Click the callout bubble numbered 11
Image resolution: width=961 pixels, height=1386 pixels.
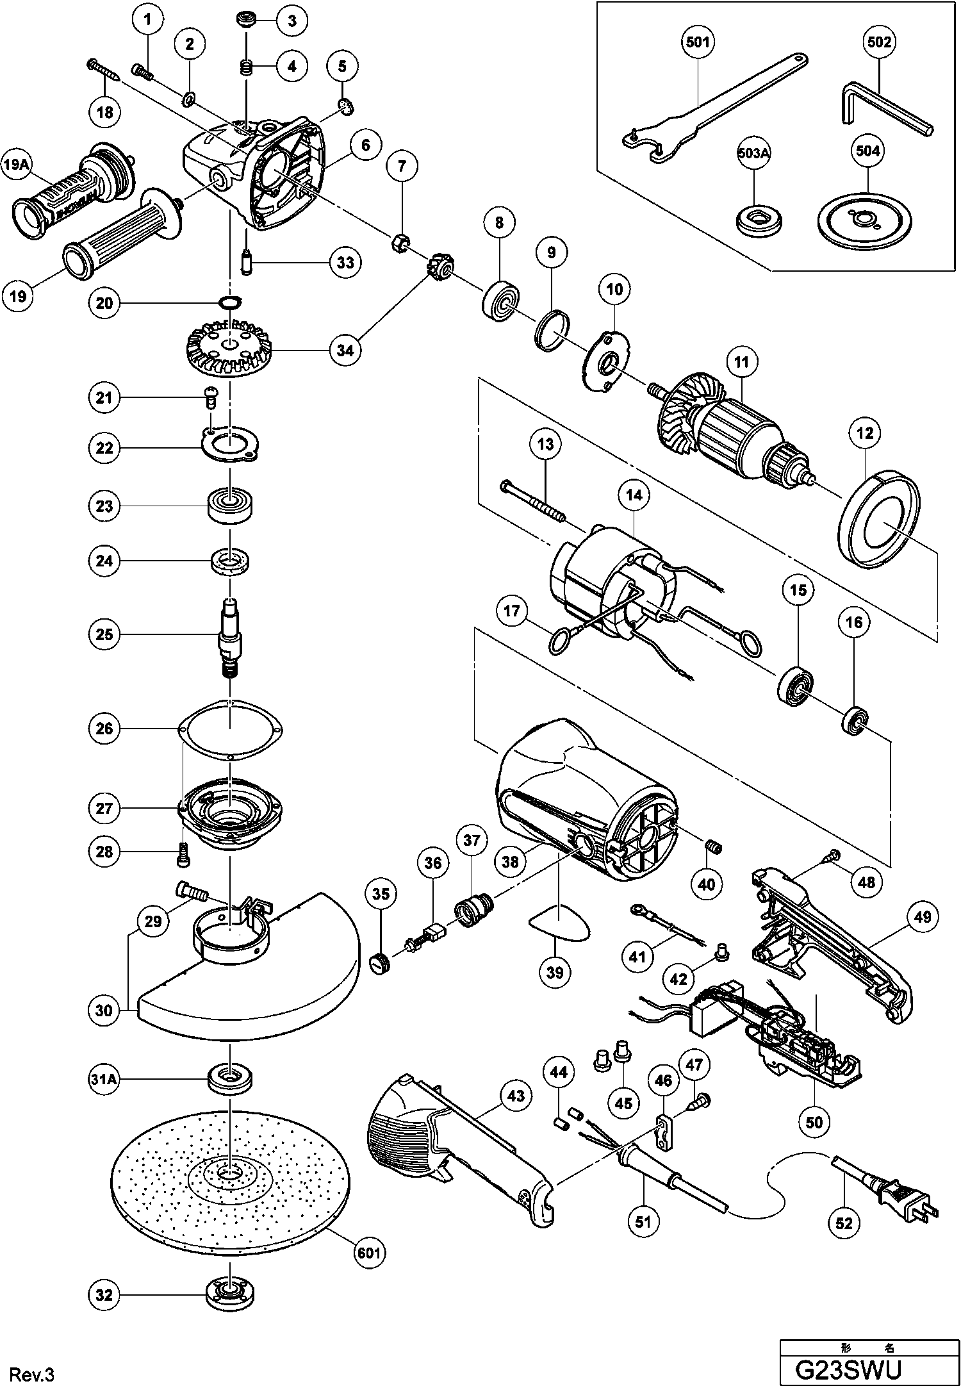(741, 363)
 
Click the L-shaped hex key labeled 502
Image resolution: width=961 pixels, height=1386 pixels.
(881, 109)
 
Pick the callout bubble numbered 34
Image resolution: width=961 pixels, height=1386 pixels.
(345, 351)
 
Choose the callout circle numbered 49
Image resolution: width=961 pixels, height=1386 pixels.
(922, 917)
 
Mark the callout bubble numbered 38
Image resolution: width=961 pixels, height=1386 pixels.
(510, 862)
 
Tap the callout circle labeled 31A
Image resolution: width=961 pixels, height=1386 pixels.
(104, 1079)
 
